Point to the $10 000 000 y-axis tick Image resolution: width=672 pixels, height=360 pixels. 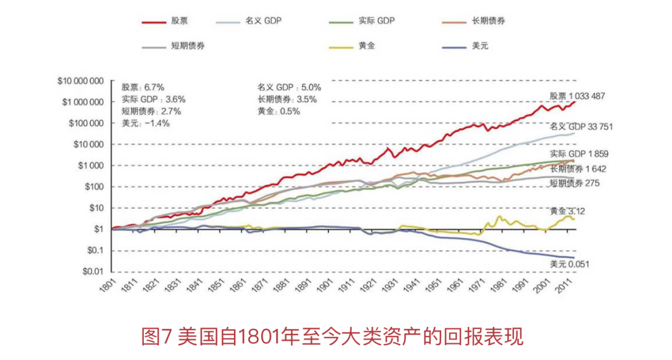pos(79,81)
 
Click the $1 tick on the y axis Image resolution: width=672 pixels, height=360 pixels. pos(98,229)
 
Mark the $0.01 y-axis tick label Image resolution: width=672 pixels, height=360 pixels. pos(92,272)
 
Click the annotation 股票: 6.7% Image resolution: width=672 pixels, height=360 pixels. pos(143,87)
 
